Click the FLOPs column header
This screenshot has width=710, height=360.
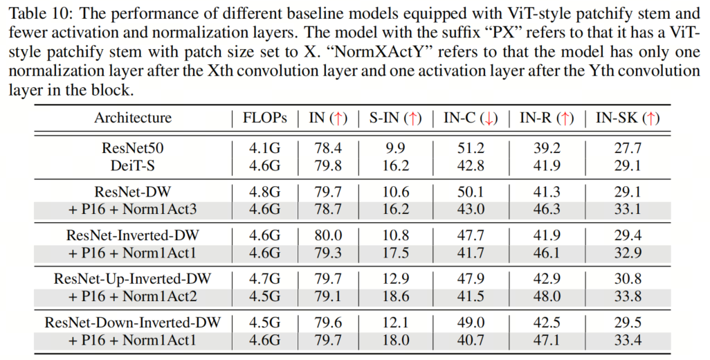pyautogui.click(x=264, y=118)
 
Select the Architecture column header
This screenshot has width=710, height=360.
pyautogui.click(x=133, y=118)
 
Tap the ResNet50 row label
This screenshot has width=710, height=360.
pyautogui.click(x=133, y=147)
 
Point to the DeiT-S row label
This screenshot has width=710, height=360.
pyautogui.click(x=133, y=165)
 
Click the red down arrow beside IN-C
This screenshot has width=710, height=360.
pyautogui.click(x=491, y=118)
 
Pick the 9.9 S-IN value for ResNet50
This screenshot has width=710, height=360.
pyautogui.click(x=397, y=147)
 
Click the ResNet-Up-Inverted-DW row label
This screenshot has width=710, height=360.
pyautogui.click(x=133, y=279)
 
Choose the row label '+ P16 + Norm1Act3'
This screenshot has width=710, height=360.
pyautogui.click(x=133, y=209)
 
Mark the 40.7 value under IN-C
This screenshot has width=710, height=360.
pyautogui.click(x=471, y=340)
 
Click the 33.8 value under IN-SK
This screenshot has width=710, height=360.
pyautogui.click(x=628, y=296)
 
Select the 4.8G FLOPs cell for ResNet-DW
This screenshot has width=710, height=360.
pyautogui.click(x=264, y=191)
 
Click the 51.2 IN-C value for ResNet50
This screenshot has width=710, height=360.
pyautogui.click(x=471, y=147)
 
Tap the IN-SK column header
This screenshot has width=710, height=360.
pyautogui.click(x=628, y=118)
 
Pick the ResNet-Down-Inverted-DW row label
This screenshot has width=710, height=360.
pyautogui.click(x=133, y=323)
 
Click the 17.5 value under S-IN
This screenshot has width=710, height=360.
pyautogui.click(x=397, y=253)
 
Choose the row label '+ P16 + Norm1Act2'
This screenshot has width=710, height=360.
pyautogui.click(x=133, y=296)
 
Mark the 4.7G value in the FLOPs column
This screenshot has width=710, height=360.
pyautogui.click(x=264, y=279)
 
